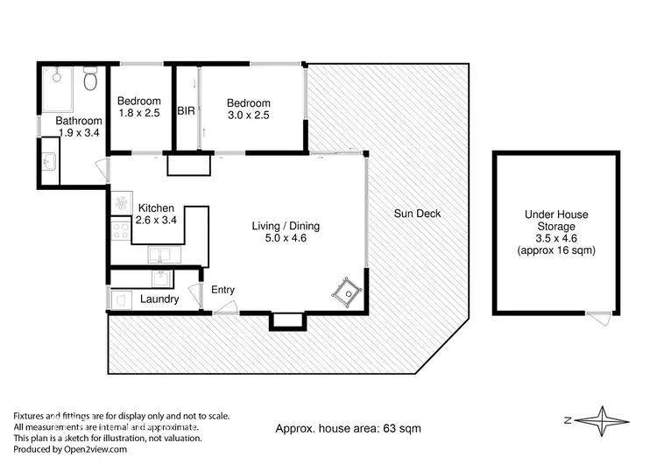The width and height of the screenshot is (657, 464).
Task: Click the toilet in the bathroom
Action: (89, 81)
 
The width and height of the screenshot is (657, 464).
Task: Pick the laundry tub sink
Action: (161, 278)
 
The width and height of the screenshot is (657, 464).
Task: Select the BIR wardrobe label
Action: (186, 111)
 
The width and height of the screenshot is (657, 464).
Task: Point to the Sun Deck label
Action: (417, 214)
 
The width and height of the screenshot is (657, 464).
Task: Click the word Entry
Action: (223, 291)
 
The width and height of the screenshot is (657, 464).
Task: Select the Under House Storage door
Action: (600, 318)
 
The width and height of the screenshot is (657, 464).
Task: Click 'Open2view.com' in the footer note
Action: (91, 449)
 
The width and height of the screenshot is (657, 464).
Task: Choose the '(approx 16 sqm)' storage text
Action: (556, 250)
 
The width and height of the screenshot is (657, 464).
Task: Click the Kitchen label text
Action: (156, 207)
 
